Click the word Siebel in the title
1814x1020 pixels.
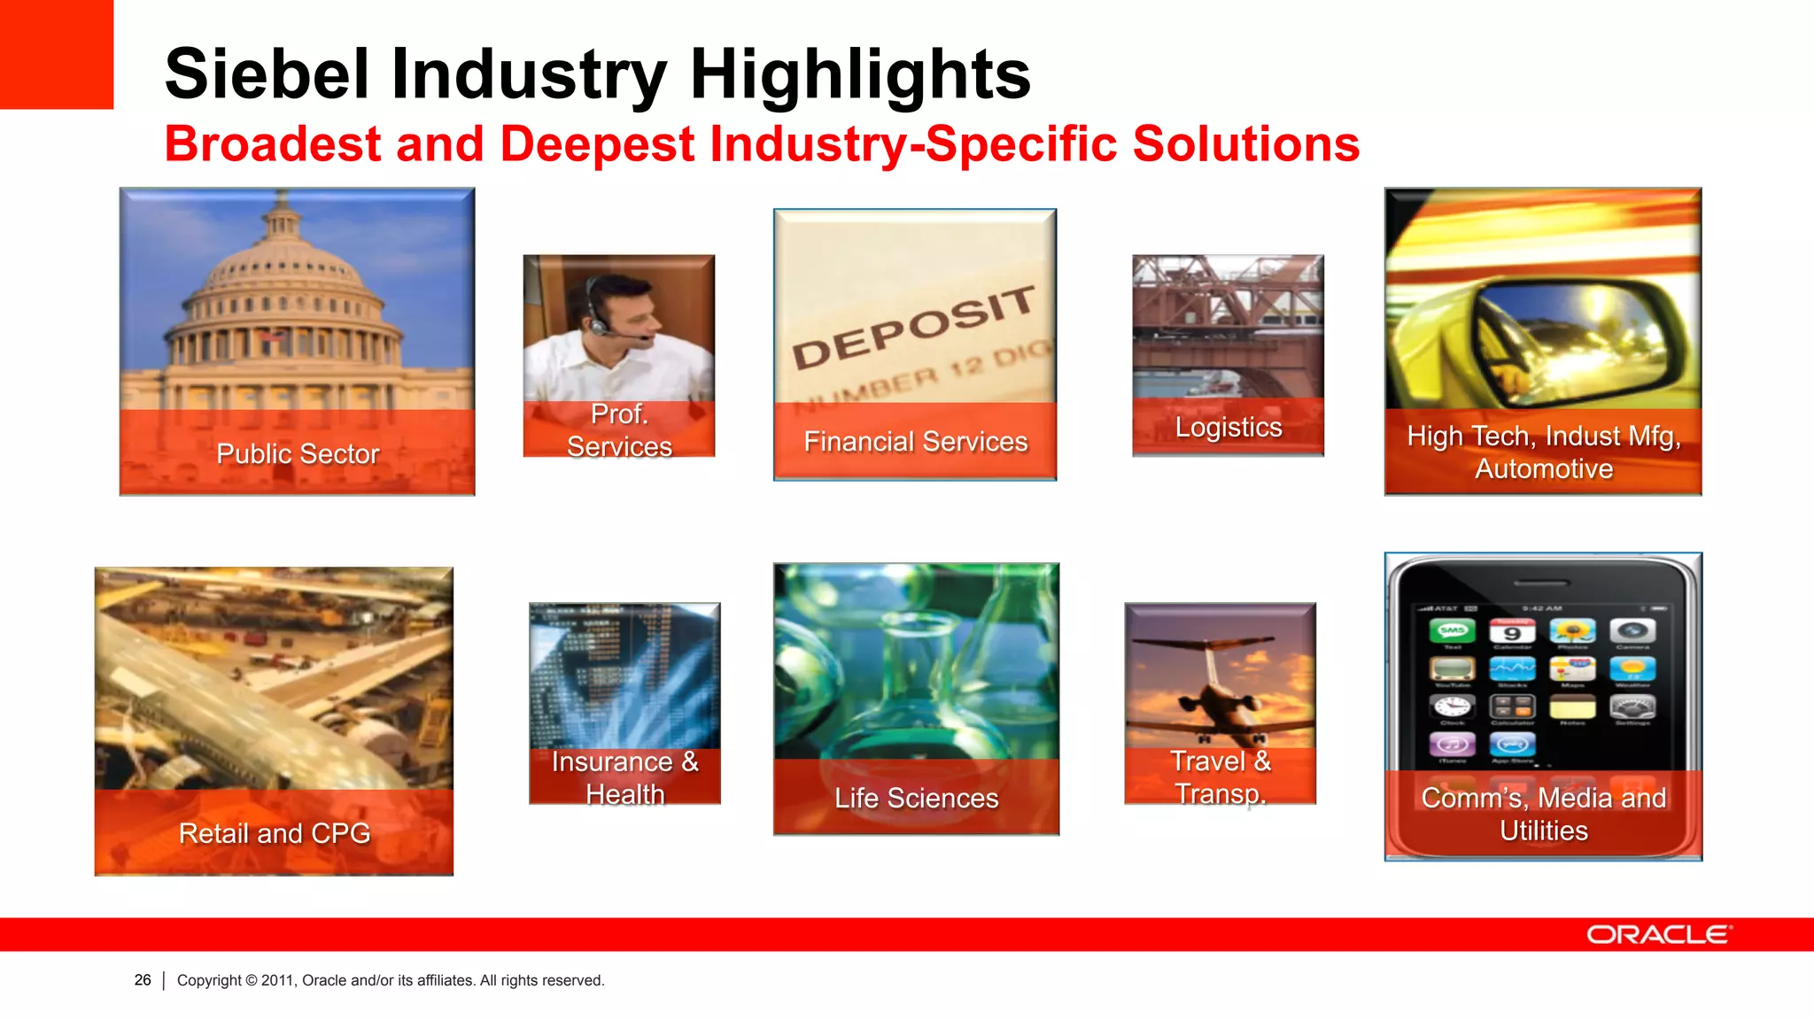(267, 74)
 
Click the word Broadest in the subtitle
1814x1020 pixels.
(273, 144)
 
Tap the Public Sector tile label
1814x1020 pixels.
(298, 453)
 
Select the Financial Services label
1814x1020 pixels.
(915, 441)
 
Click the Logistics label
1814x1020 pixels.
(1228, 427)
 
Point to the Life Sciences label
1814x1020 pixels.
(916, 798)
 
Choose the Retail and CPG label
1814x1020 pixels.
(274, 833)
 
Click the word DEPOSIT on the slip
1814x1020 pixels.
(912, 328)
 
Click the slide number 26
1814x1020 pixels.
(143, 980)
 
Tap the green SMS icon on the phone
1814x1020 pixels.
(1453, 631)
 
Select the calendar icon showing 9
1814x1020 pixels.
(1512, 631)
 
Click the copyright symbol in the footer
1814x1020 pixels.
(252, 980)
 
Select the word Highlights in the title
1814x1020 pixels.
(860, 74)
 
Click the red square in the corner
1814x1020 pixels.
(56, 54)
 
